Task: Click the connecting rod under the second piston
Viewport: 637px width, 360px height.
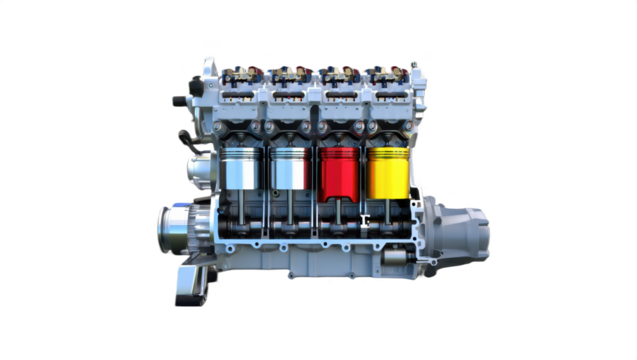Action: click(292, 212)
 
